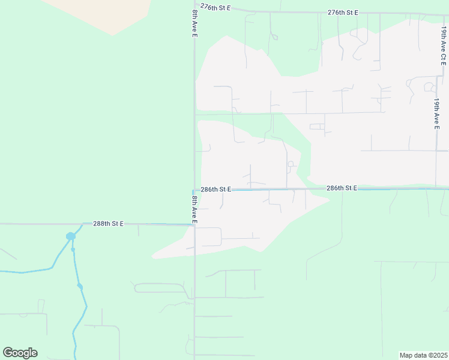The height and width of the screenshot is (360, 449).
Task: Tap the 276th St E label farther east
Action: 343,12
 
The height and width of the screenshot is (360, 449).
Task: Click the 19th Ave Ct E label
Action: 443,45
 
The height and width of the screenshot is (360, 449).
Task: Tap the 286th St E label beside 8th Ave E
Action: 216,189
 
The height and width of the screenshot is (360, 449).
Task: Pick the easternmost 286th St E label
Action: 342,188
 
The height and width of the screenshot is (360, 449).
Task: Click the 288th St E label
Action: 108,223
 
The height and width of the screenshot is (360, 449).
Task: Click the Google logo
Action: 20,353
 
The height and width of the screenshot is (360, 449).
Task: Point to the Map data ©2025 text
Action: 423,355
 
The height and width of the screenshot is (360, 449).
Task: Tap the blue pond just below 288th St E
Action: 71,236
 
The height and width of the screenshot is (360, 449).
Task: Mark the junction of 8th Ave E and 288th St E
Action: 194,225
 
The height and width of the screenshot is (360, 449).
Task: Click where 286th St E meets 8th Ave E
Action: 194,190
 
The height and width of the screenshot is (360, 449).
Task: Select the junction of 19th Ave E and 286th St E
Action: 436,188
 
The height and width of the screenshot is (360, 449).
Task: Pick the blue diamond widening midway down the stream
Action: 80,286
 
